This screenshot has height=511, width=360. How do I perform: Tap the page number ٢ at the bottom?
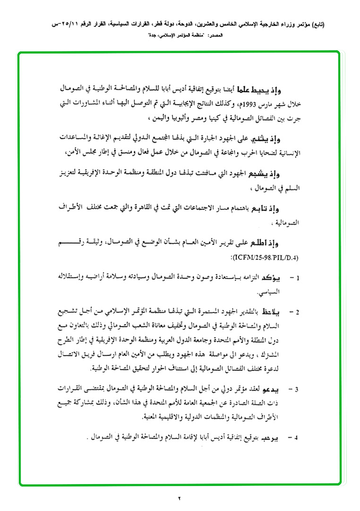pos(180,498)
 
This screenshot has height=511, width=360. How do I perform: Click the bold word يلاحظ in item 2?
pos(274,312)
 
